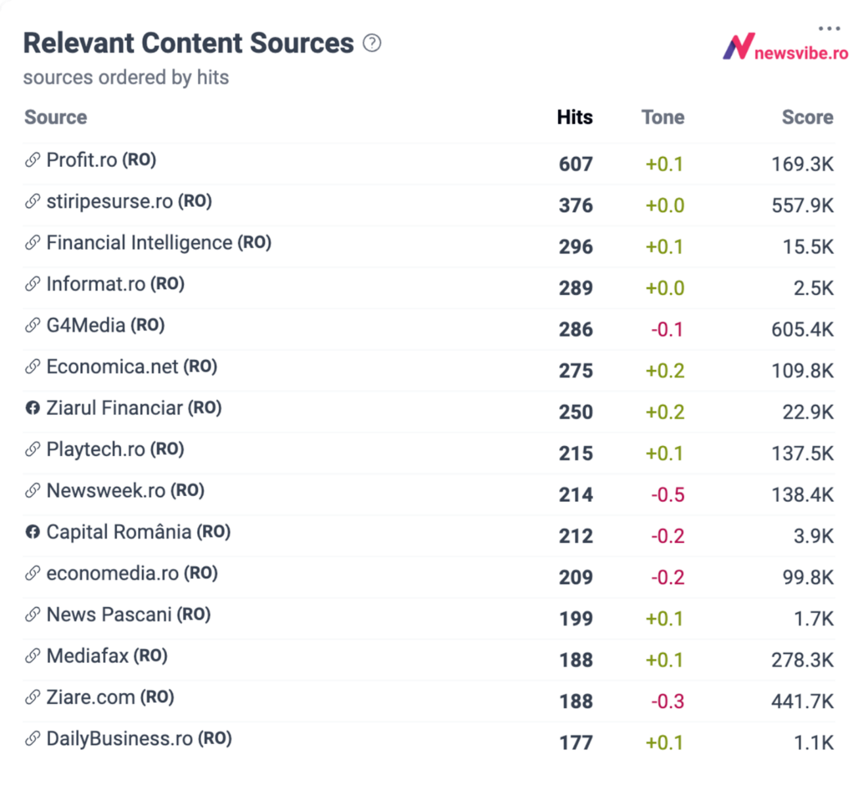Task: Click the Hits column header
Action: click(x=574, y=117)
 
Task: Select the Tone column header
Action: click(x=663, y=117)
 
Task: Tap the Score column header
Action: click(x=807, y=117)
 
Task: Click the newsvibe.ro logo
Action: click(x=785, y=48)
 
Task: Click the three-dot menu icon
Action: click(x=829, y=28)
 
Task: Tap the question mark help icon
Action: click(x=372, y=43)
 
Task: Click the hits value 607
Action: click(x=576, y=164)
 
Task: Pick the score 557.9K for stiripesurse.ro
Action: click(x=802, y=206)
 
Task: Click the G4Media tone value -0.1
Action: click(x=667, y=330)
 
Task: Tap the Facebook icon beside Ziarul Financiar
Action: click(x=32, y=408)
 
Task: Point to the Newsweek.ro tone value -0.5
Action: click(x=667, y=495)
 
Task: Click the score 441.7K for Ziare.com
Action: click(x=802, y=702)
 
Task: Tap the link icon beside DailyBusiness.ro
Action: click(x=32, y=739)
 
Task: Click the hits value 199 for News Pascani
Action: click(x=576, y=619)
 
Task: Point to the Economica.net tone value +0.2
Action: click(x=664, y=371)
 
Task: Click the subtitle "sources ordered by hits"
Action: click(x=126, y=77)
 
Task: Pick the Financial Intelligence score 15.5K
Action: click(x=808, y=247)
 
